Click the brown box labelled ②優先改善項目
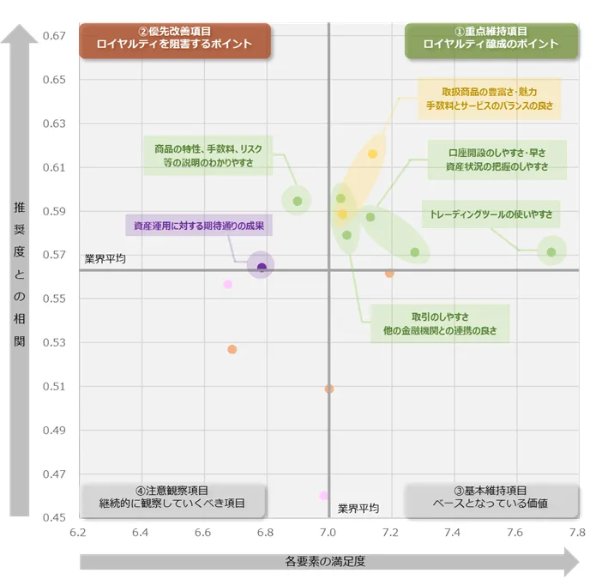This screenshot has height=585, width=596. point(175,39)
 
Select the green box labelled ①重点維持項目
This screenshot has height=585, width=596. point(491,39)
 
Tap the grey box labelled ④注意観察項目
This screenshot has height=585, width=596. point(172,498)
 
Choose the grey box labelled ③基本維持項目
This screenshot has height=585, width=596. point(491,498)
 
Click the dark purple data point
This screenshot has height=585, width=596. point(262,267)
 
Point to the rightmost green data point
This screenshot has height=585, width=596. point(551,252)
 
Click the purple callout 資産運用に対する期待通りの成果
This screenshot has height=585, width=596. point(198,227)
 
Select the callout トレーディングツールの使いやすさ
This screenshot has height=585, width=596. point(491,214)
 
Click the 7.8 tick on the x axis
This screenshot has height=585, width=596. point(577,533)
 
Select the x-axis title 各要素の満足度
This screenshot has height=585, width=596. point(325,562)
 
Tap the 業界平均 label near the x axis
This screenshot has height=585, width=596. point(358,508)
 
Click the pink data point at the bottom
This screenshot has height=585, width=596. point(323,496)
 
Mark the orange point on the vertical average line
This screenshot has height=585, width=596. point(328,389)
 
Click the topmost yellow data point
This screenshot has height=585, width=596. point(372,154)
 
